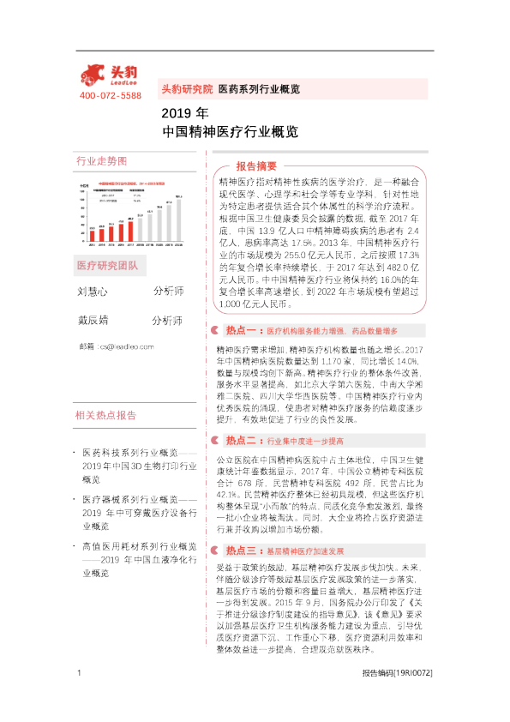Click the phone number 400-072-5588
click(x=110, y=95)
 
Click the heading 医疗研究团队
click(x=106, y=265)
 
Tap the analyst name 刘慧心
click(x=93, y=292)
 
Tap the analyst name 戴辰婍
click(x=93, y=321)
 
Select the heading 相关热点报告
click(x=106, y=391)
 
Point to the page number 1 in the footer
click(x=79, y=696)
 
